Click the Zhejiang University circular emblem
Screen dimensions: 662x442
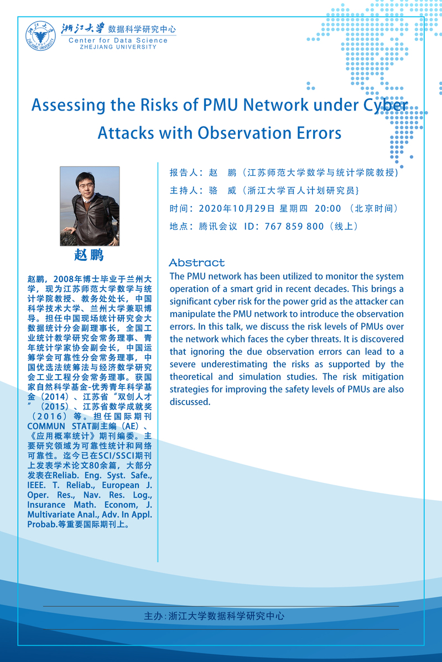coord(40,35)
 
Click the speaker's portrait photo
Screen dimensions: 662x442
coord(90,206)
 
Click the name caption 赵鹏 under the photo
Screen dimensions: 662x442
coord(89,255)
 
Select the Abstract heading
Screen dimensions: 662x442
coord(197,262)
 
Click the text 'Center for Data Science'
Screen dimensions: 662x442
coord(118,40)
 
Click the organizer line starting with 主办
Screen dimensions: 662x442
coord(214,615)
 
